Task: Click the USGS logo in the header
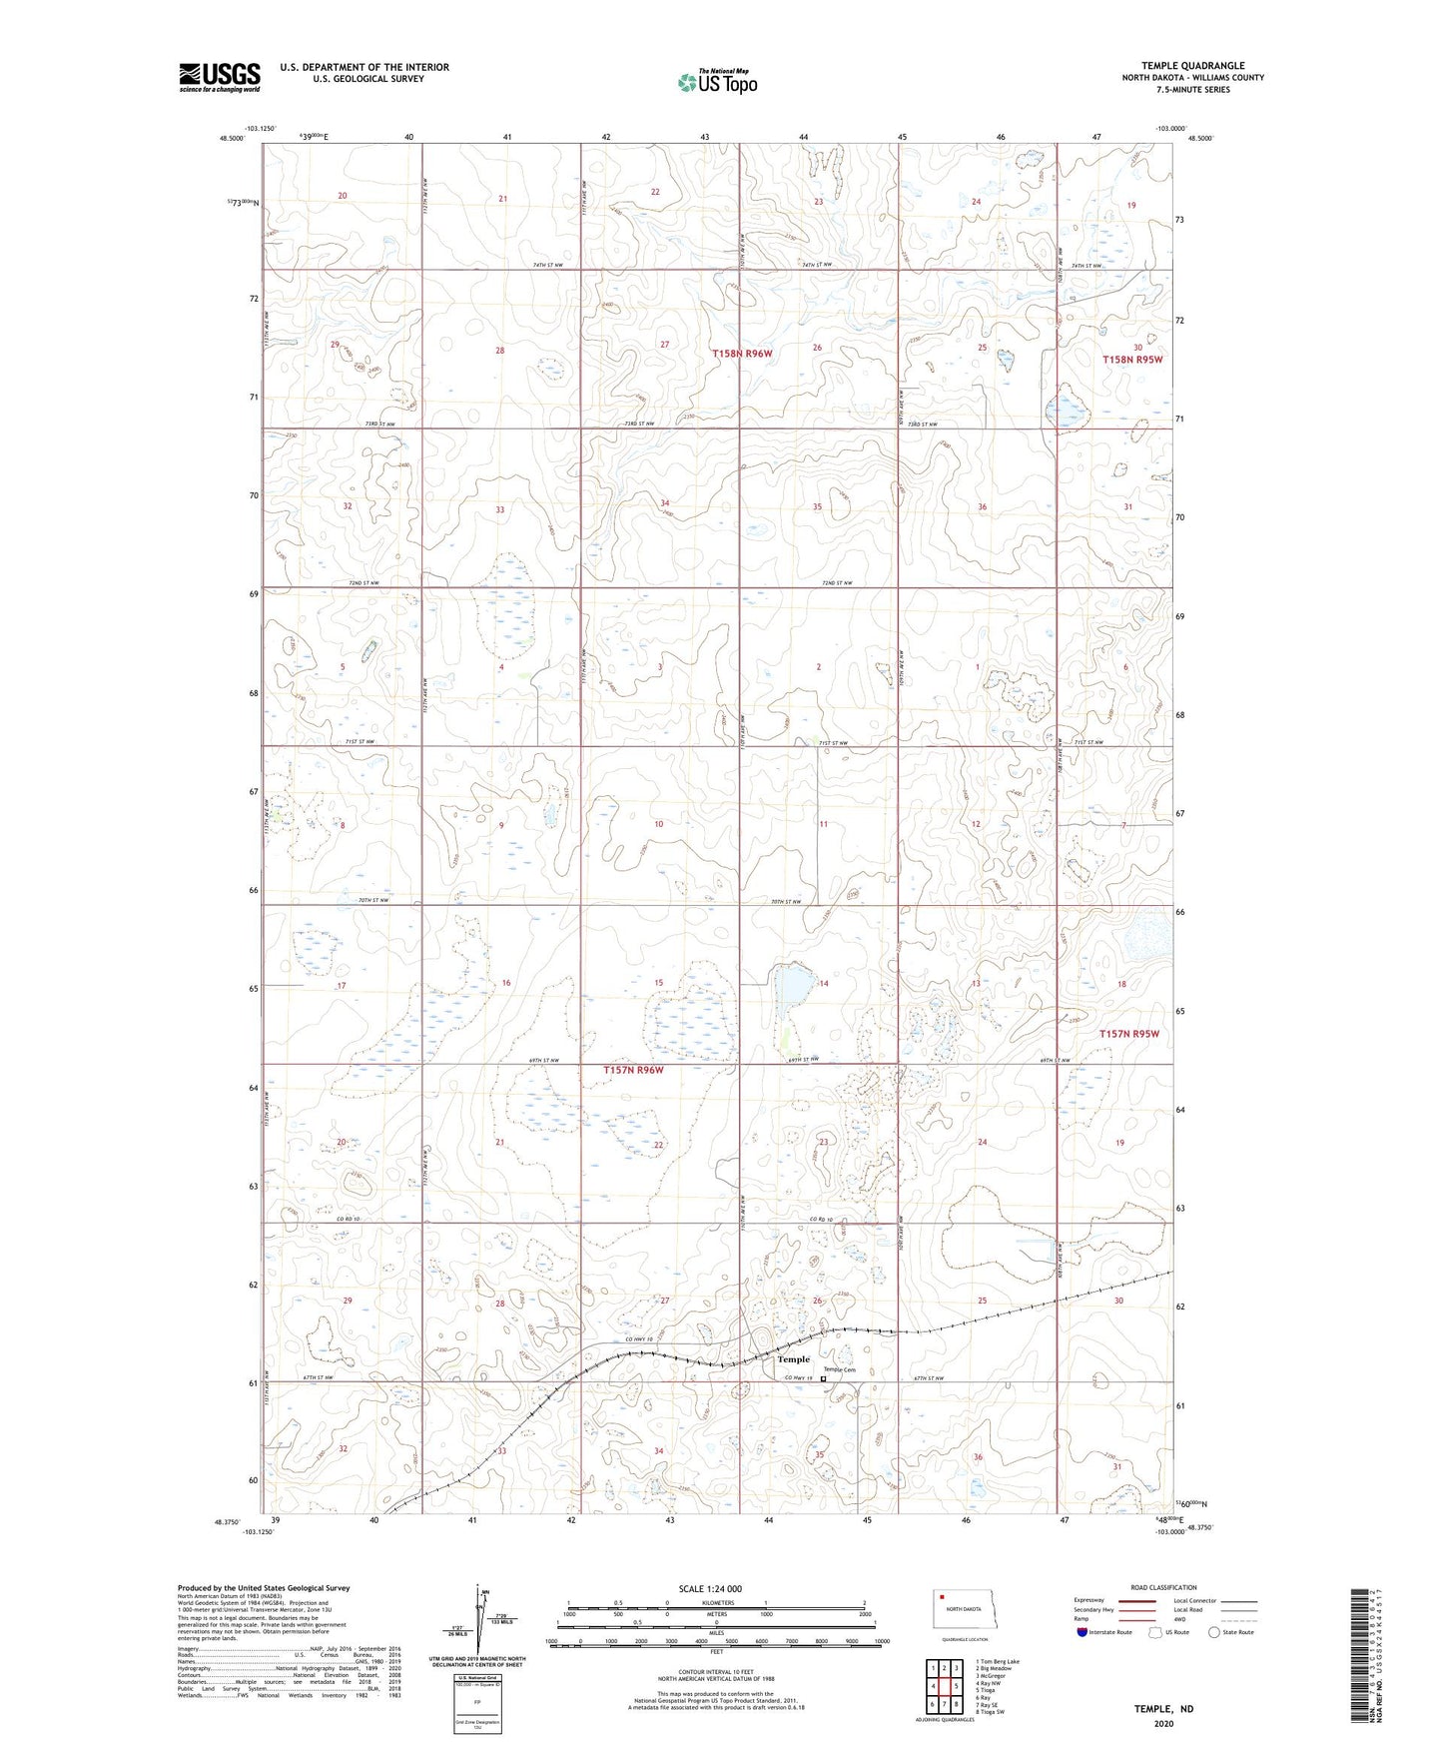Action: (220, 77)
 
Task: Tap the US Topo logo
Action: (717, 81)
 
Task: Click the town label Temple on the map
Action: (794, 1359)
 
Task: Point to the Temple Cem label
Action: (840, 1369)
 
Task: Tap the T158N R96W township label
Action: (742, 354)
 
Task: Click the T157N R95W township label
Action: (1129, 1034)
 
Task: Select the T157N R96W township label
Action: (633, 1070)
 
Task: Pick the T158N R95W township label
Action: (1132, 360)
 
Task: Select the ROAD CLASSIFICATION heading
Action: (1163, 1587)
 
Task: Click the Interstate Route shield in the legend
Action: (1082, 1632)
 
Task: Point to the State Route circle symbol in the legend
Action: (1214, 1632)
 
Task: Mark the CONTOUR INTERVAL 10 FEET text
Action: (715, 1672)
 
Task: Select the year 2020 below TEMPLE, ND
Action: (1163, 1724)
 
